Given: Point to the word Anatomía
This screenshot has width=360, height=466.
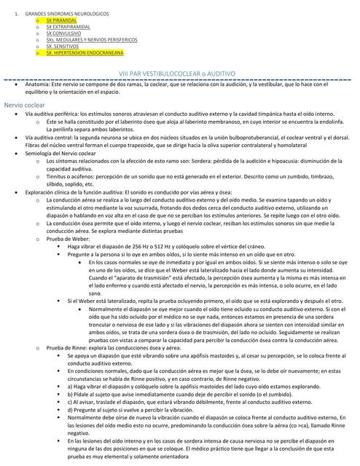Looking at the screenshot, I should (38, 85).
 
